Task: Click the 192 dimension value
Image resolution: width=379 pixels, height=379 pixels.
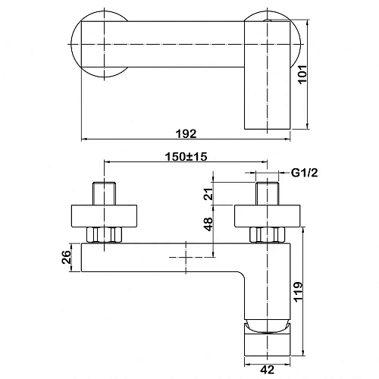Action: point(186,133)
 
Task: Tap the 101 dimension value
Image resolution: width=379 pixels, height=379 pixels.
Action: point(302,74)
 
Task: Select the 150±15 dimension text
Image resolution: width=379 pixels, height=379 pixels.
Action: point(186,157)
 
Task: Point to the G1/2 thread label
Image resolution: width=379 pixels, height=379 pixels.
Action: point(305,173)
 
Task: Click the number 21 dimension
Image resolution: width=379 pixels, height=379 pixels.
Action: point(208,194)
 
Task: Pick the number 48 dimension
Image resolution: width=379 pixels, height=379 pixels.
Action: point(208,224)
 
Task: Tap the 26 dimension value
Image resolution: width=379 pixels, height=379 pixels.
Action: point(66,257)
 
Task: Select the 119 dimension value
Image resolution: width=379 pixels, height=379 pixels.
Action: point(299,292)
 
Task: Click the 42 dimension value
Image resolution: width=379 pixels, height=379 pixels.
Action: point(268,370)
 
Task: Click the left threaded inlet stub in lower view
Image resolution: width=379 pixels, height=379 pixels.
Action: point(104,193)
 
